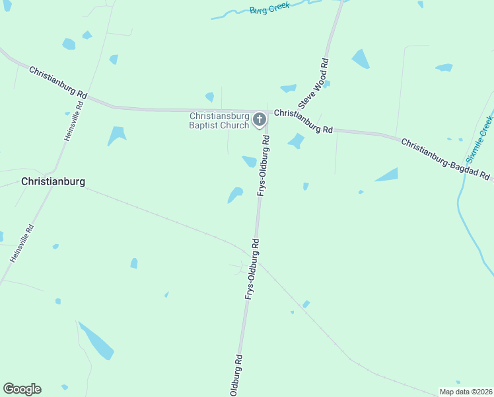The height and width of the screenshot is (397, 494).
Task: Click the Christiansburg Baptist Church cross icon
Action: click(x=260, y=120)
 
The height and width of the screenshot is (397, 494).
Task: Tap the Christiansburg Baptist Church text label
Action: click(x=219, y=120)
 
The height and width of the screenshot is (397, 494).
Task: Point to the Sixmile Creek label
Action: click(x=479, y=140)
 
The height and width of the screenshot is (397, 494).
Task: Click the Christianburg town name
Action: click(x=53, y=181)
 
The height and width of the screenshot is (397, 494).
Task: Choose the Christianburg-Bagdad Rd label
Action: click(x=446, y=159)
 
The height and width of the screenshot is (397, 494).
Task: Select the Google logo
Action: click(x=22, y=389)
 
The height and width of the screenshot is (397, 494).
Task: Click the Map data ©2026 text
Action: click(x=466, y=392)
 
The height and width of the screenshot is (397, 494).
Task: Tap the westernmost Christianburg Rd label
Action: click(x=58, y=82)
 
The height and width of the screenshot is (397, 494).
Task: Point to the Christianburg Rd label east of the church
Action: click(x=303, y=121)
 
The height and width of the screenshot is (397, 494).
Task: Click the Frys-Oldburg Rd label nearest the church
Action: click(x=264, y=165)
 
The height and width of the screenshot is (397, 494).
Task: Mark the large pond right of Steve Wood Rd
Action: click(x=361, y=59)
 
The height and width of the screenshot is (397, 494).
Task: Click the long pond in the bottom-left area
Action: click(x=96, y=341)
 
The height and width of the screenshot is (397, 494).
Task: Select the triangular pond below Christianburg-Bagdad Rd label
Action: click(x=388, y=175)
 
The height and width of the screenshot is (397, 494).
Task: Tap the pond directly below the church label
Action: click(x=249, y=161)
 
